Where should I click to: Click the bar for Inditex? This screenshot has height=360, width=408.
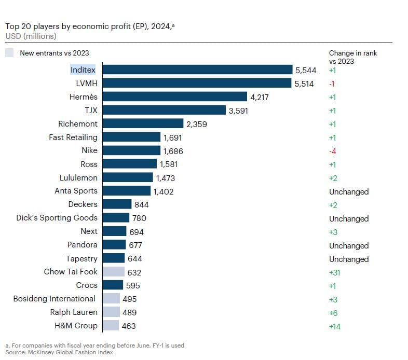pyautogui.click(x=197, y=70)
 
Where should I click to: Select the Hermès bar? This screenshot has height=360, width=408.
pyautogui.click(x=174, y=96)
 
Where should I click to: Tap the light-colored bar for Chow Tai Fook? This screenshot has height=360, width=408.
pyautogui.click(x=114, y=272)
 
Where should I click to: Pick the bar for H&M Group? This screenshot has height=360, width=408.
pyautogui.click(x=111, y=326)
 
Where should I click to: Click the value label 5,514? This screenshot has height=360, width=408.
pyautogui.click(x=304, y=84)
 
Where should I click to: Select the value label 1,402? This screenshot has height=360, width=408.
pyautogui.click(x=164, y=191)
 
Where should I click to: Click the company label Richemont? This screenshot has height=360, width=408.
pyautogui.click(x=78, y=124)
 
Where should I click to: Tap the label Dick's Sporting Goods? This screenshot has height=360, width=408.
pyautogui.click(x=57, y=218)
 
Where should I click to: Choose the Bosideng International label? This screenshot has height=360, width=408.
pyautogui.click(x=55, y=299)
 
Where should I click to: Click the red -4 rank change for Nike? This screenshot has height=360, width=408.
pyautogui.click(x=333, y=151)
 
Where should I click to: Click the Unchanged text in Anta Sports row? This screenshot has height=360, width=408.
pyautogui.click(x=348, y=191)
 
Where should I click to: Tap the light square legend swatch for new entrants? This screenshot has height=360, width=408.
pyautogui.click(x=9, y=52)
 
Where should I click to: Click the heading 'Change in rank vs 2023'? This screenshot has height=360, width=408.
pyautogui.click(x=352, y=57)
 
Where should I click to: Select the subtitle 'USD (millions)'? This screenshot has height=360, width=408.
pyautogui.click(x=31, y=36)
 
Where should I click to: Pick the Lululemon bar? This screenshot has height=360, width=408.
pyautogui.click(x=128, y=177)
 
